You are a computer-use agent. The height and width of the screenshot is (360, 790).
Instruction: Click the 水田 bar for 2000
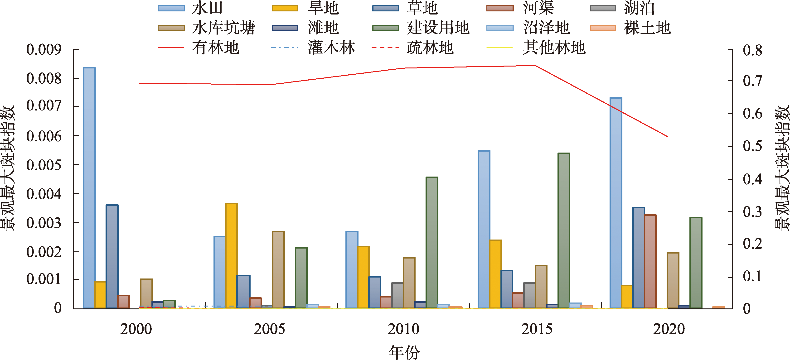click(x=89, y=188)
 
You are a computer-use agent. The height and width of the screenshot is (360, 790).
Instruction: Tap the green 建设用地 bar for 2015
click(x=564, y=230)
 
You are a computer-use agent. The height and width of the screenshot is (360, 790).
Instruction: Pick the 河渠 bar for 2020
click(x=650, y=262)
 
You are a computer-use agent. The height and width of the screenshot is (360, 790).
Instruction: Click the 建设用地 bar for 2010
click(x=432, y=243)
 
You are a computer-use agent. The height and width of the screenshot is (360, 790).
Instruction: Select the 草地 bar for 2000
click(x=112, y=256)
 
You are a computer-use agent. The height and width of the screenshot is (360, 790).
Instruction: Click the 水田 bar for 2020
click(x=616, y=203)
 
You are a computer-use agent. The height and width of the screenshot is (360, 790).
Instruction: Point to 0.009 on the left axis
click(x=44, y=49)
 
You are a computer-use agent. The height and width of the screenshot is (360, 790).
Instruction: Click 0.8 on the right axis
click(x=752, y=50)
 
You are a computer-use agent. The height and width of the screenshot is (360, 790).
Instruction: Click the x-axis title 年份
click(x=404, y=352)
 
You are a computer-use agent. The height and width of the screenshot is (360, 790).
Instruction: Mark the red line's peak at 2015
click(x=535, y=66)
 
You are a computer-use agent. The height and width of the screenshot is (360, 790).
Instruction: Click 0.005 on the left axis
click(x=44, y=165)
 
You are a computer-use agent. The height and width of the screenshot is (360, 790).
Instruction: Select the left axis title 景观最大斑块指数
click(x=8, y=168)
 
